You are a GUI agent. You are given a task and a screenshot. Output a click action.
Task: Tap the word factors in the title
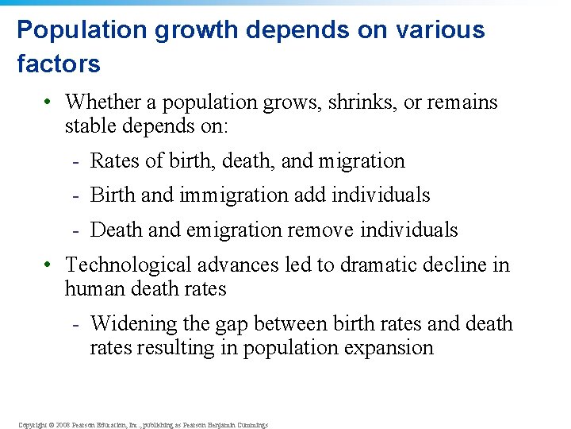(x=59, y=64)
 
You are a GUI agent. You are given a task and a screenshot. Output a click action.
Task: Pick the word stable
(x=92, y=126)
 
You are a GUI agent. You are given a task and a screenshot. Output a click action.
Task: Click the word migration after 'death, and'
(x=362, y=160)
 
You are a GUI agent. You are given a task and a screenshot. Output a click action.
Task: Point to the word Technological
(x=132, y=265)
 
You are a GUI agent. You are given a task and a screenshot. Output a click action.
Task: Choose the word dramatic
(x=377, y=265)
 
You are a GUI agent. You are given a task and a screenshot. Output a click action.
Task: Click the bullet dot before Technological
(x=48, y=265)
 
